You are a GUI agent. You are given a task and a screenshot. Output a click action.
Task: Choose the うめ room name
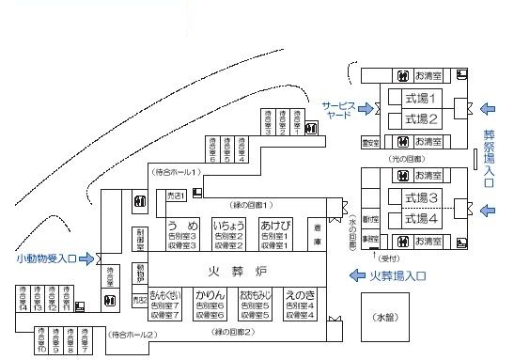tap(181, 227)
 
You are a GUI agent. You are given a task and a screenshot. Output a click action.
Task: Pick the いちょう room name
tap(228, 227)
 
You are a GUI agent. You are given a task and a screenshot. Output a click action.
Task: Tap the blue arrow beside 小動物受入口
tap(88, 258)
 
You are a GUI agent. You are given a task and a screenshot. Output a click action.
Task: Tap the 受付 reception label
tap(385, 255)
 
